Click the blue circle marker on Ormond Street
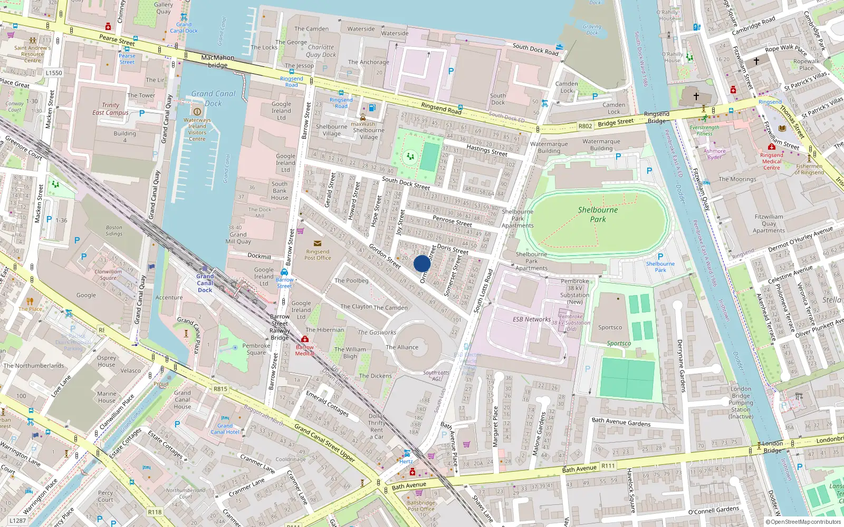422,263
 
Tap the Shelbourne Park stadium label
598,214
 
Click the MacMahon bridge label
217,61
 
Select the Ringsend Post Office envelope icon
318,243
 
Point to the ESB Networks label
531,319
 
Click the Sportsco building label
610,327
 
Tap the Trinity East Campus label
110,109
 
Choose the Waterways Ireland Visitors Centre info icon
197,112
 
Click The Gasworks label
377,333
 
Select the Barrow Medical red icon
305,339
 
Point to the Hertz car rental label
406,462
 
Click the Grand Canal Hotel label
225,429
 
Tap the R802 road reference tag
585,126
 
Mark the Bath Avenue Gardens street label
621,422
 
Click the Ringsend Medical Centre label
771,161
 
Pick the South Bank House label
280,191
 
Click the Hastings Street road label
487,151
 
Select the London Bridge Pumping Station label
741,403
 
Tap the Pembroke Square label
256,349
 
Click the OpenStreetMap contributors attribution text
803,522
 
